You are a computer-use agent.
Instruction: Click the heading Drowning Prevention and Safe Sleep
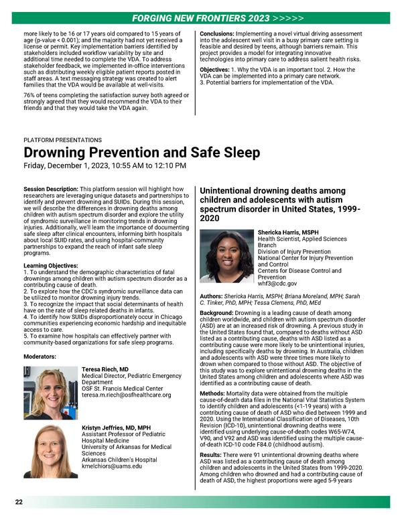point(141,153)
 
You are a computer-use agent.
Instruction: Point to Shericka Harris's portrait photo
point(227,256)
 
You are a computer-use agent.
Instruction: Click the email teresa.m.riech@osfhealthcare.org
point(126,395)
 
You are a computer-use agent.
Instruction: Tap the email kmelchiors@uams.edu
point(112,466)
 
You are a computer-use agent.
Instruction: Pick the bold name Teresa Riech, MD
point(105,369)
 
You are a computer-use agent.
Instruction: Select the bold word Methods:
point(216,393)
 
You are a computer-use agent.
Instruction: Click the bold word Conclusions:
point(223,33)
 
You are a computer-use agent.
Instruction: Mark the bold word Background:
point(221,313)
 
